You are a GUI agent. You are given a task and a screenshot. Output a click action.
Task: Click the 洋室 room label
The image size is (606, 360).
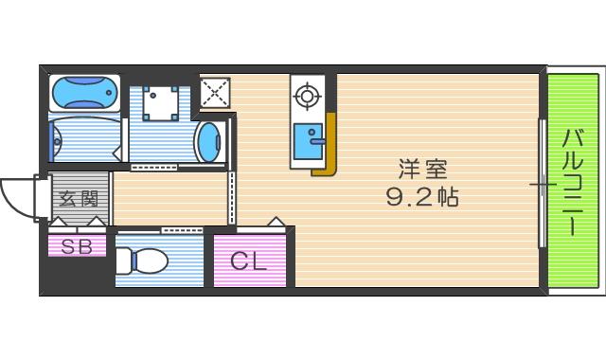click(422, 171)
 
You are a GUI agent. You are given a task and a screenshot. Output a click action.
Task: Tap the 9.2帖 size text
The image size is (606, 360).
click(422, 198)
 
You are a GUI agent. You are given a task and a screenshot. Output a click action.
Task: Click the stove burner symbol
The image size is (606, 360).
click(307, 95)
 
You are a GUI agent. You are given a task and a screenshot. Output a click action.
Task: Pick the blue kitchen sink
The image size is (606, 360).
click(307, 142)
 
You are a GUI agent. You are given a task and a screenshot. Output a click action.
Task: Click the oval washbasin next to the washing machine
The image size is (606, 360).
click(208, 143)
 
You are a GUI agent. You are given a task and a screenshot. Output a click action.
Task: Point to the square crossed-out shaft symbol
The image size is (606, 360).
click(214, 93)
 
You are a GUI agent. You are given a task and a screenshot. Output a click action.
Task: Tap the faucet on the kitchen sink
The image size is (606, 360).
click(319, 142)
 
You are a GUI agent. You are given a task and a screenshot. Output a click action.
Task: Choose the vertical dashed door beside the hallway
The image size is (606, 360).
click(231, 198)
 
